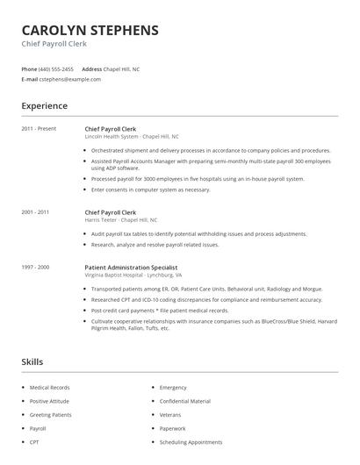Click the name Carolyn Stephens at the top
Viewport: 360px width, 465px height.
pyautogui.click(x=90, y=30)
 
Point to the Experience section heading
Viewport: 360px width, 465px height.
pyautogui.click(x=44, y=106)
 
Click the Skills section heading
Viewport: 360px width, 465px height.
pyautogui.click(x=32, y=361)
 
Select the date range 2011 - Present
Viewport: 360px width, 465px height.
pyautogui.click(x=39, y=129)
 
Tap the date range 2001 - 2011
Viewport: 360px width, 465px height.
pyautogui.click(x=35, y=212)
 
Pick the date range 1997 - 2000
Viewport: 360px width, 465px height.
pyautogui.click(x=35, y=266)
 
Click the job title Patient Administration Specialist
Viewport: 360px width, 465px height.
pyautogui.click(x=131, y=266)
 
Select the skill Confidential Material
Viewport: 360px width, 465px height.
pyautogui.click(x=184, y=400)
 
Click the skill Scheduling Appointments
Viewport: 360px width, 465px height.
pyautogui.click(x=191, y=441)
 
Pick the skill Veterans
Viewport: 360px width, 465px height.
pyautogui.click(x=170, y=414)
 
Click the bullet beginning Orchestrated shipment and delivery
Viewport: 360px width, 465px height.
pyautogui.click(x=211, y=150)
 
